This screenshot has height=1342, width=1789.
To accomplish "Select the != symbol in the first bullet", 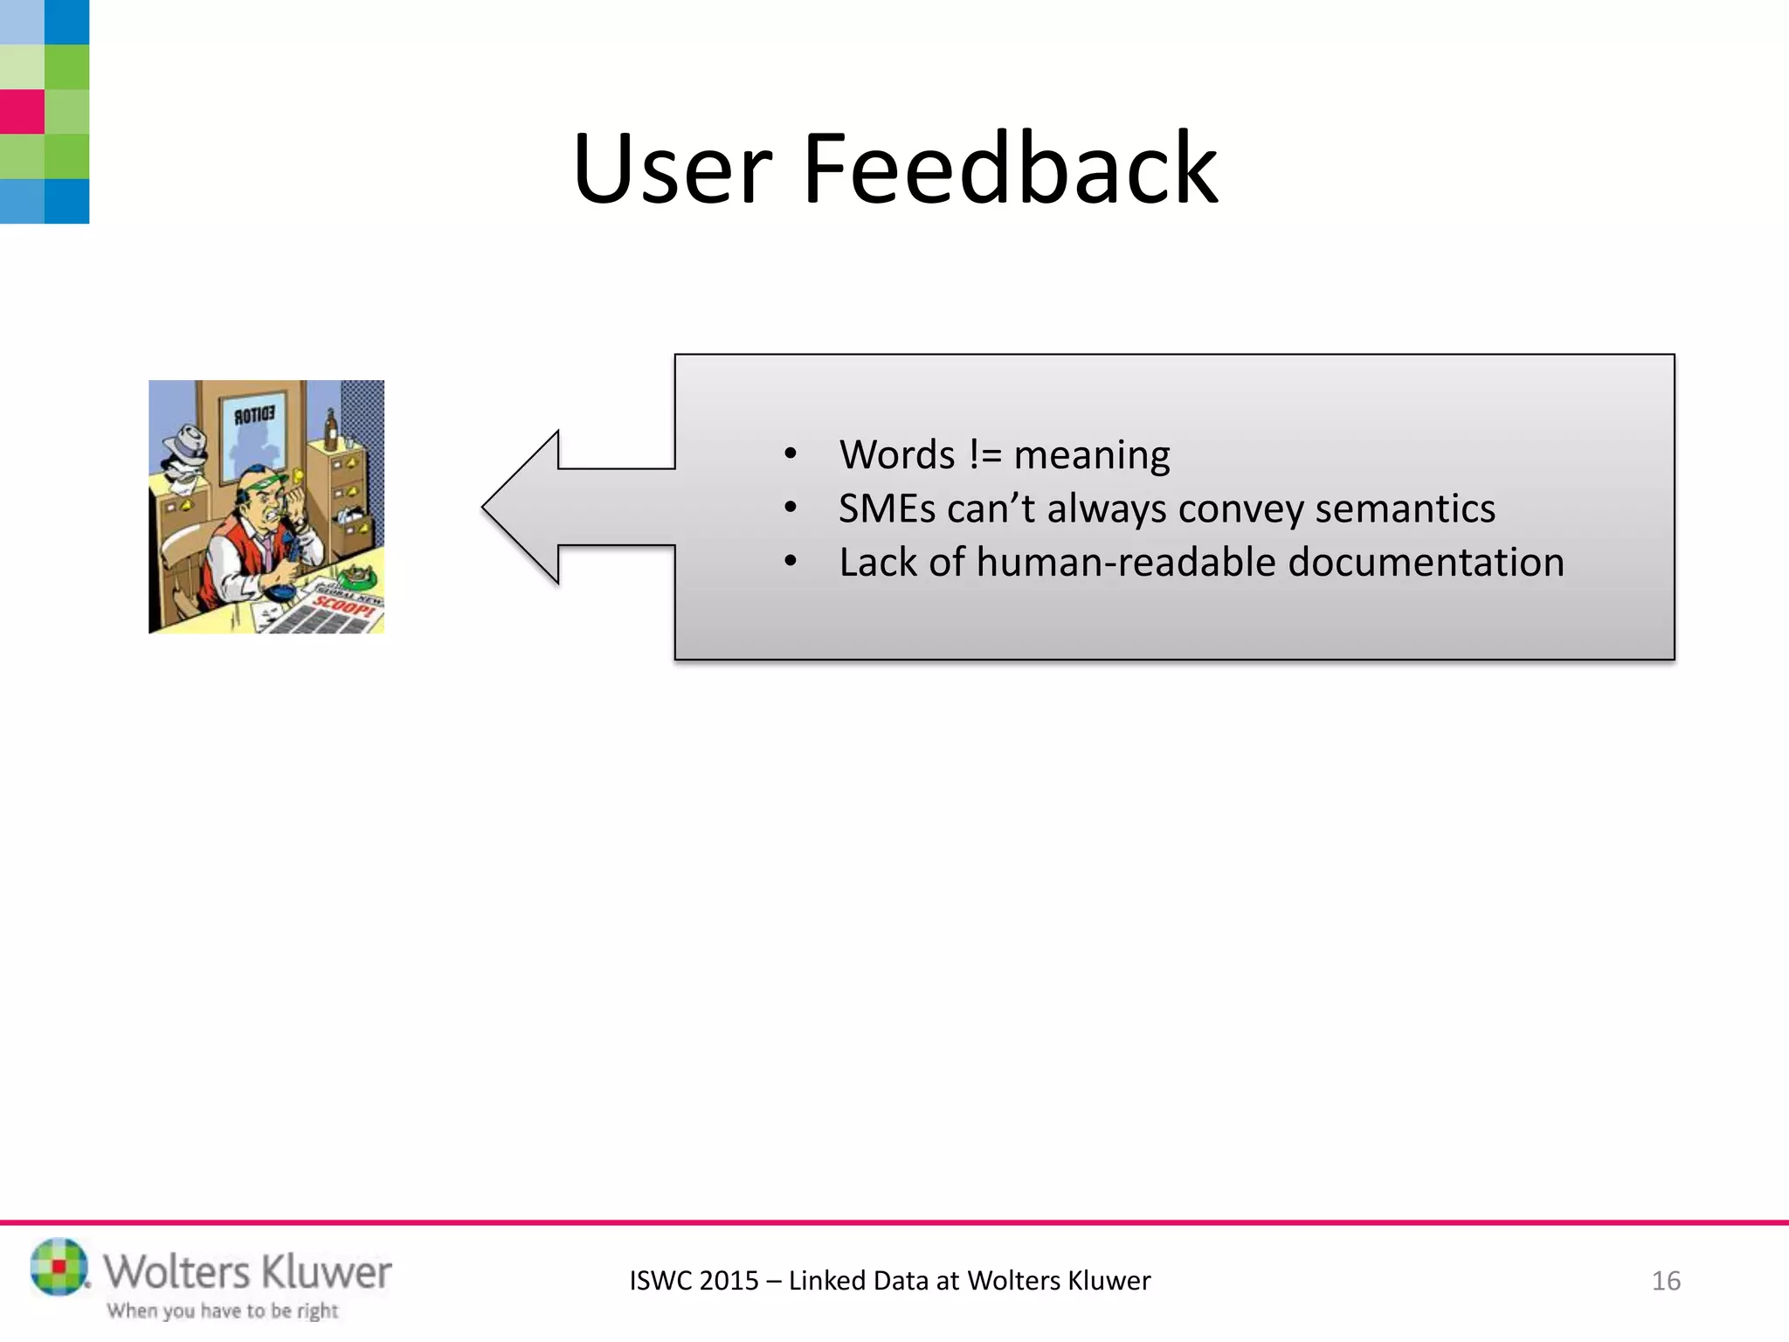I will (x=984, y=455).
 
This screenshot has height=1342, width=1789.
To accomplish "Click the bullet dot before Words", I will (x=791, y=453).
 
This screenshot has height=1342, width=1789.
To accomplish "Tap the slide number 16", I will (x=1666, y=1281).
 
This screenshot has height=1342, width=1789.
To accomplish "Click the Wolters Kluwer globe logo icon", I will (x=59, y=1266).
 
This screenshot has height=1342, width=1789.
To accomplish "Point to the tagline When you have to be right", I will (x=223, y=1311).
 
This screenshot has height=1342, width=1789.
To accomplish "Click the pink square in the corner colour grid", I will (x=22, y=112).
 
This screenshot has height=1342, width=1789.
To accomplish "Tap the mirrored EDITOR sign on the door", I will (x=254, y=415).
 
